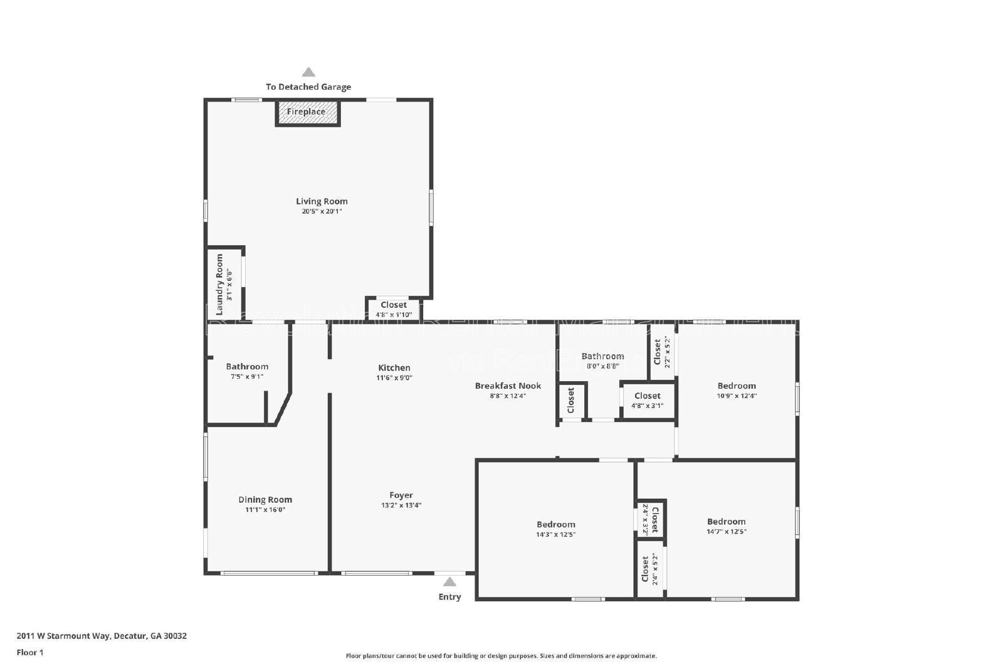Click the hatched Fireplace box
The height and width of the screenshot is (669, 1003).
coord(307,113)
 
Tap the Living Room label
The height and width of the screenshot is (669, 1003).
coord(322,201)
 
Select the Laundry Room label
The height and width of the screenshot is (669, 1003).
coord(219,284)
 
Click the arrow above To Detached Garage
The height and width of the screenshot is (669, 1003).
coord(308,72)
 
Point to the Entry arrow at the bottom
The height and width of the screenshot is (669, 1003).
coord(449,582)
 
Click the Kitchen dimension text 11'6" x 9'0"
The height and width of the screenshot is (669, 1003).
coord(394,378)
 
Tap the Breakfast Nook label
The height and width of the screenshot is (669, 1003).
coord(508,386)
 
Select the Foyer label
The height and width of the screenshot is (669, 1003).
coord(401,495)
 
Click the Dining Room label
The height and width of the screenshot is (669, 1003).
coord(265,500)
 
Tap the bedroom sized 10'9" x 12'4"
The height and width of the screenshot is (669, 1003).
coord(737,390)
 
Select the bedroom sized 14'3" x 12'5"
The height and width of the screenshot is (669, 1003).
coord(555,529)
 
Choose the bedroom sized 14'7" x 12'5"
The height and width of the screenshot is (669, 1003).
coord(726,526)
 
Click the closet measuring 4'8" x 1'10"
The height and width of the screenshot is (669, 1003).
coord(394,309)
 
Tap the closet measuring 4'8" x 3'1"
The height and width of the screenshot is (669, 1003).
coord(647,400)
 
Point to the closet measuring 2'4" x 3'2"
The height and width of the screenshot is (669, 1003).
coord(651,519)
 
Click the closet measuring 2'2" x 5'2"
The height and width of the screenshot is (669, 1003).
coord(661,352)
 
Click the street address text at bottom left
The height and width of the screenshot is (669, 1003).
coord(102,636)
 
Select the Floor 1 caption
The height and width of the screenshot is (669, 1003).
coord(30,652)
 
